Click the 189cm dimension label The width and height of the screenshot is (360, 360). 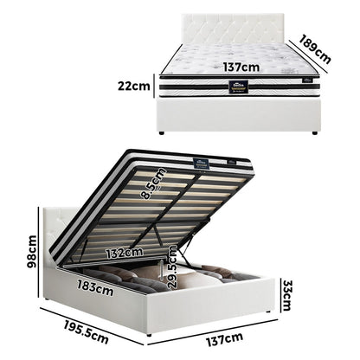(x=315, y=49)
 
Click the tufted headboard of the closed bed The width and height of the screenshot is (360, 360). (x=238, y=29)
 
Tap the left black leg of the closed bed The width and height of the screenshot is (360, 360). (x=162, y=132)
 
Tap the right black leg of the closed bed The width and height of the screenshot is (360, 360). (x=316, y=132)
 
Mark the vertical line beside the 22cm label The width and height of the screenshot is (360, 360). (x=157, y=86)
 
